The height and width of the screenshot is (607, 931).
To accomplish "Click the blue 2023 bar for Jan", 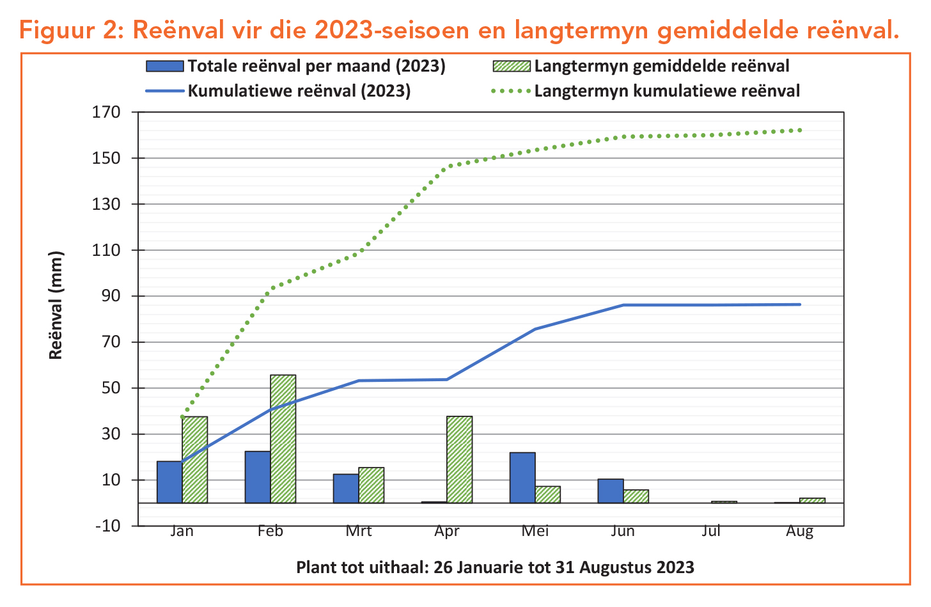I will [x=169, y=482].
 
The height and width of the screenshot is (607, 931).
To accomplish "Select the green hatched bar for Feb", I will [x=283, y=439].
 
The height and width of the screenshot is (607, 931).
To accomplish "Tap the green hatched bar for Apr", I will [x=459, y=459].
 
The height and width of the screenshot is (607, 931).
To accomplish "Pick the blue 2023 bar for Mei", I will [x=522, y=478].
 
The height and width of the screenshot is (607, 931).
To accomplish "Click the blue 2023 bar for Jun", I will [x=611, y=491].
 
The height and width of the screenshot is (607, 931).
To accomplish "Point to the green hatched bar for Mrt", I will [x=371, y=485].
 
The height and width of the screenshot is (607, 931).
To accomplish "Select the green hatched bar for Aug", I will [x=812, y=500].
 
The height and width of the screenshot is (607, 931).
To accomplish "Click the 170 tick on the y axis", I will [x=107, y=113].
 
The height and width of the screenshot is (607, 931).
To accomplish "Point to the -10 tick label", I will [x=107, y=526].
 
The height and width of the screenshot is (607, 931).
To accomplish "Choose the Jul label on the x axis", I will [x=711, y=531].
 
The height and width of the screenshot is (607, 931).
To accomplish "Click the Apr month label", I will [x=446, y=531].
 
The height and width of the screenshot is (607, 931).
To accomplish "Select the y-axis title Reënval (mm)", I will [x=56, y=306].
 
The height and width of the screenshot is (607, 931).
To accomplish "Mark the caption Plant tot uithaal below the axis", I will [x=495, y=567].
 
